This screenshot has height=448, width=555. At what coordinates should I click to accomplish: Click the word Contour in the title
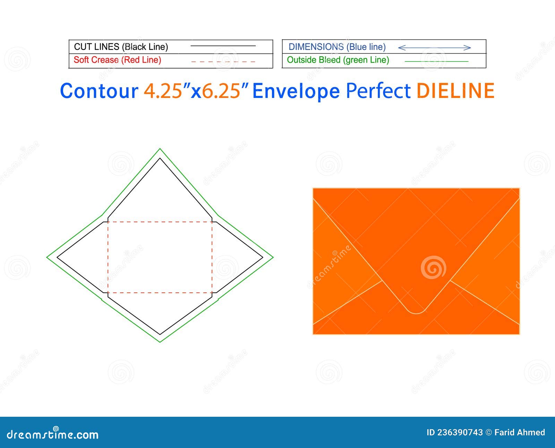click(x=99, y=91)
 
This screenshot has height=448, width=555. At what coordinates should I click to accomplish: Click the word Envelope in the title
click(x=296, y=91)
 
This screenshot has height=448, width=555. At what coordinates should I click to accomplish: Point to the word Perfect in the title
click(x=378, y=91)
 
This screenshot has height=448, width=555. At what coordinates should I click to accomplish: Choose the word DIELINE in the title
click(x=455, y=91)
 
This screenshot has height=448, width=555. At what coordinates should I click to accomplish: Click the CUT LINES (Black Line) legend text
click(x=121, y=47)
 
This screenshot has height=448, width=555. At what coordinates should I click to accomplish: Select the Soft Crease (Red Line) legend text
click(x=117, y=60)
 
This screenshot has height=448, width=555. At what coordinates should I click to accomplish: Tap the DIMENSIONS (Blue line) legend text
click(x=337, y=47)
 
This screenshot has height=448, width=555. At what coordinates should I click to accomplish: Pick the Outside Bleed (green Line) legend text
click(x=338, y=60)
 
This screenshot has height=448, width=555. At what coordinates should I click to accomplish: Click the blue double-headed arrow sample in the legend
click(x=434, y=48)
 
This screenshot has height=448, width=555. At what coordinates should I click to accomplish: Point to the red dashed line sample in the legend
click(x=223, y=61)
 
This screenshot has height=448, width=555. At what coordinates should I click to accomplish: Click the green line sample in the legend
click(x=436, y=61)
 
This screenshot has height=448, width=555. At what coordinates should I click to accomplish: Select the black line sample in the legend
click(x=223, y=46)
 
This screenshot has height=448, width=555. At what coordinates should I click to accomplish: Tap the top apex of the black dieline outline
click(x=160, y=159)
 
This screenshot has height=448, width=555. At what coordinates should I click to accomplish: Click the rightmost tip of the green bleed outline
click(x=273, y=257)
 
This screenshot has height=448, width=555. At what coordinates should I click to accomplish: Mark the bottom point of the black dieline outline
click(x=160, y=334)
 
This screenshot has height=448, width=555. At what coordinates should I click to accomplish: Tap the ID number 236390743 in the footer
click(x=460, y=432)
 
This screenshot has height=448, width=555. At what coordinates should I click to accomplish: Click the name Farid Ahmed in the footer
click(x=520, y=432)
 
